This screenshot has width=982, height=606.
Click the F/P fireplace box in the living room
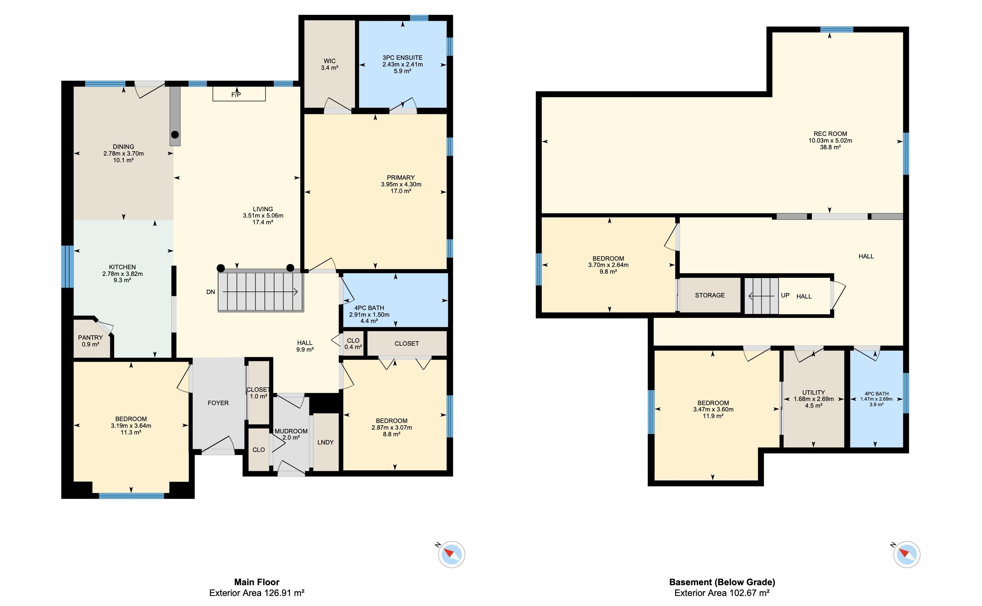[x=239, y=94]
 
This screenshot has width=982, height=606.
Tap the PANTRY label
[x=90, y=338]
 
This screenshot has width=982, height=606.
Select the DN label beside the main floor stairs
[x=211, y=292]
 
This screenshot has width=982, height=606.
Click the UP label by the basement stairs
[x=785, y=295]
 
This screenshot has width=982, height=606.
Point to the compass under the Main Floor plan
[x=451, y=555]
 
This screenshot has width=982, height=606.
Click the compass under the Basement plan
[x=907, y=555]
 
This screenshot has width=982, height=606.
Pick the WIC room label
[x=329, y=61]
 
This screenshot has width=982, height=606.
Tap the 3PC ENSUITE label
[x=403, y=58]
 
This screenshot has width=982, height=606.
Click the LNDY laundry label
[x=325, y=442]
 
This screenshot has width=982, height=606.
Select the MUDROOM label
[x=291, y=431]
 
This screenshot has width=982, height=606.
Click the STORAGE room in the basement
[x=710, y=295]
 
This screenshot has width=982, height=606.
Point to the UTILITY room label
[x=814, y=392]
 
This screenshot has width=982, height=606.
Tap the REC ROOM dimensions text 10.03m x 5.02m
[x=830, y=141]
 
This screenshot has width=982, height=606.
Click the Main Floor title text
[x=257, y=582]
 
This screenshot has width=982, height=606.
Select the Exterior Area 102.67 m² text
[x=722, y=593]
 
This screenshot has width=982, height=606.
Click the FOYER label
[x=218, y=403]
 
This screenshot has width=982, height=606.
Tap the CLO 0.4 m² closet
[x=353, y=343]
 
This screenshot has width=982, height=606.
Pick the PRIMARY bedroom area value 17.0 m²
[x=401, y=191]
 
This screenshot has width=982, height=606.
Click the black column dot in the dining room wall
[x=175, y=135]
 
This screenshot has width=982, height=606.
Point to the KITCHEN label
[x=122, y=267]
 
